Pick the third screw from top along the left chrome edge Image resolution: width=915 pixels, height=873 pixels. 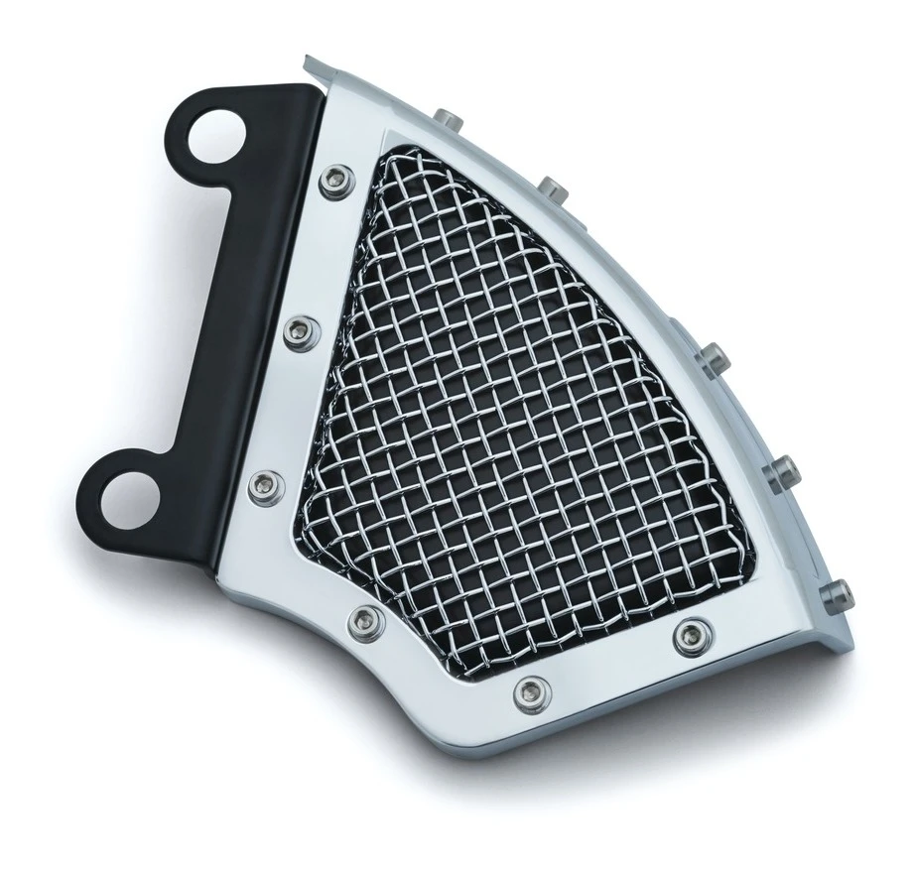[x=264, y=483]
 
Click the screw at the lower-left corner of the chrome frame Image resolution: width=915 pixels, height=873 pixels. [x=361, y=621]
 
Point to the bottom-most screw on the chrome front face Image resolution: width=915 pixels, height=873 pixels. [x=529, y=687]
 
